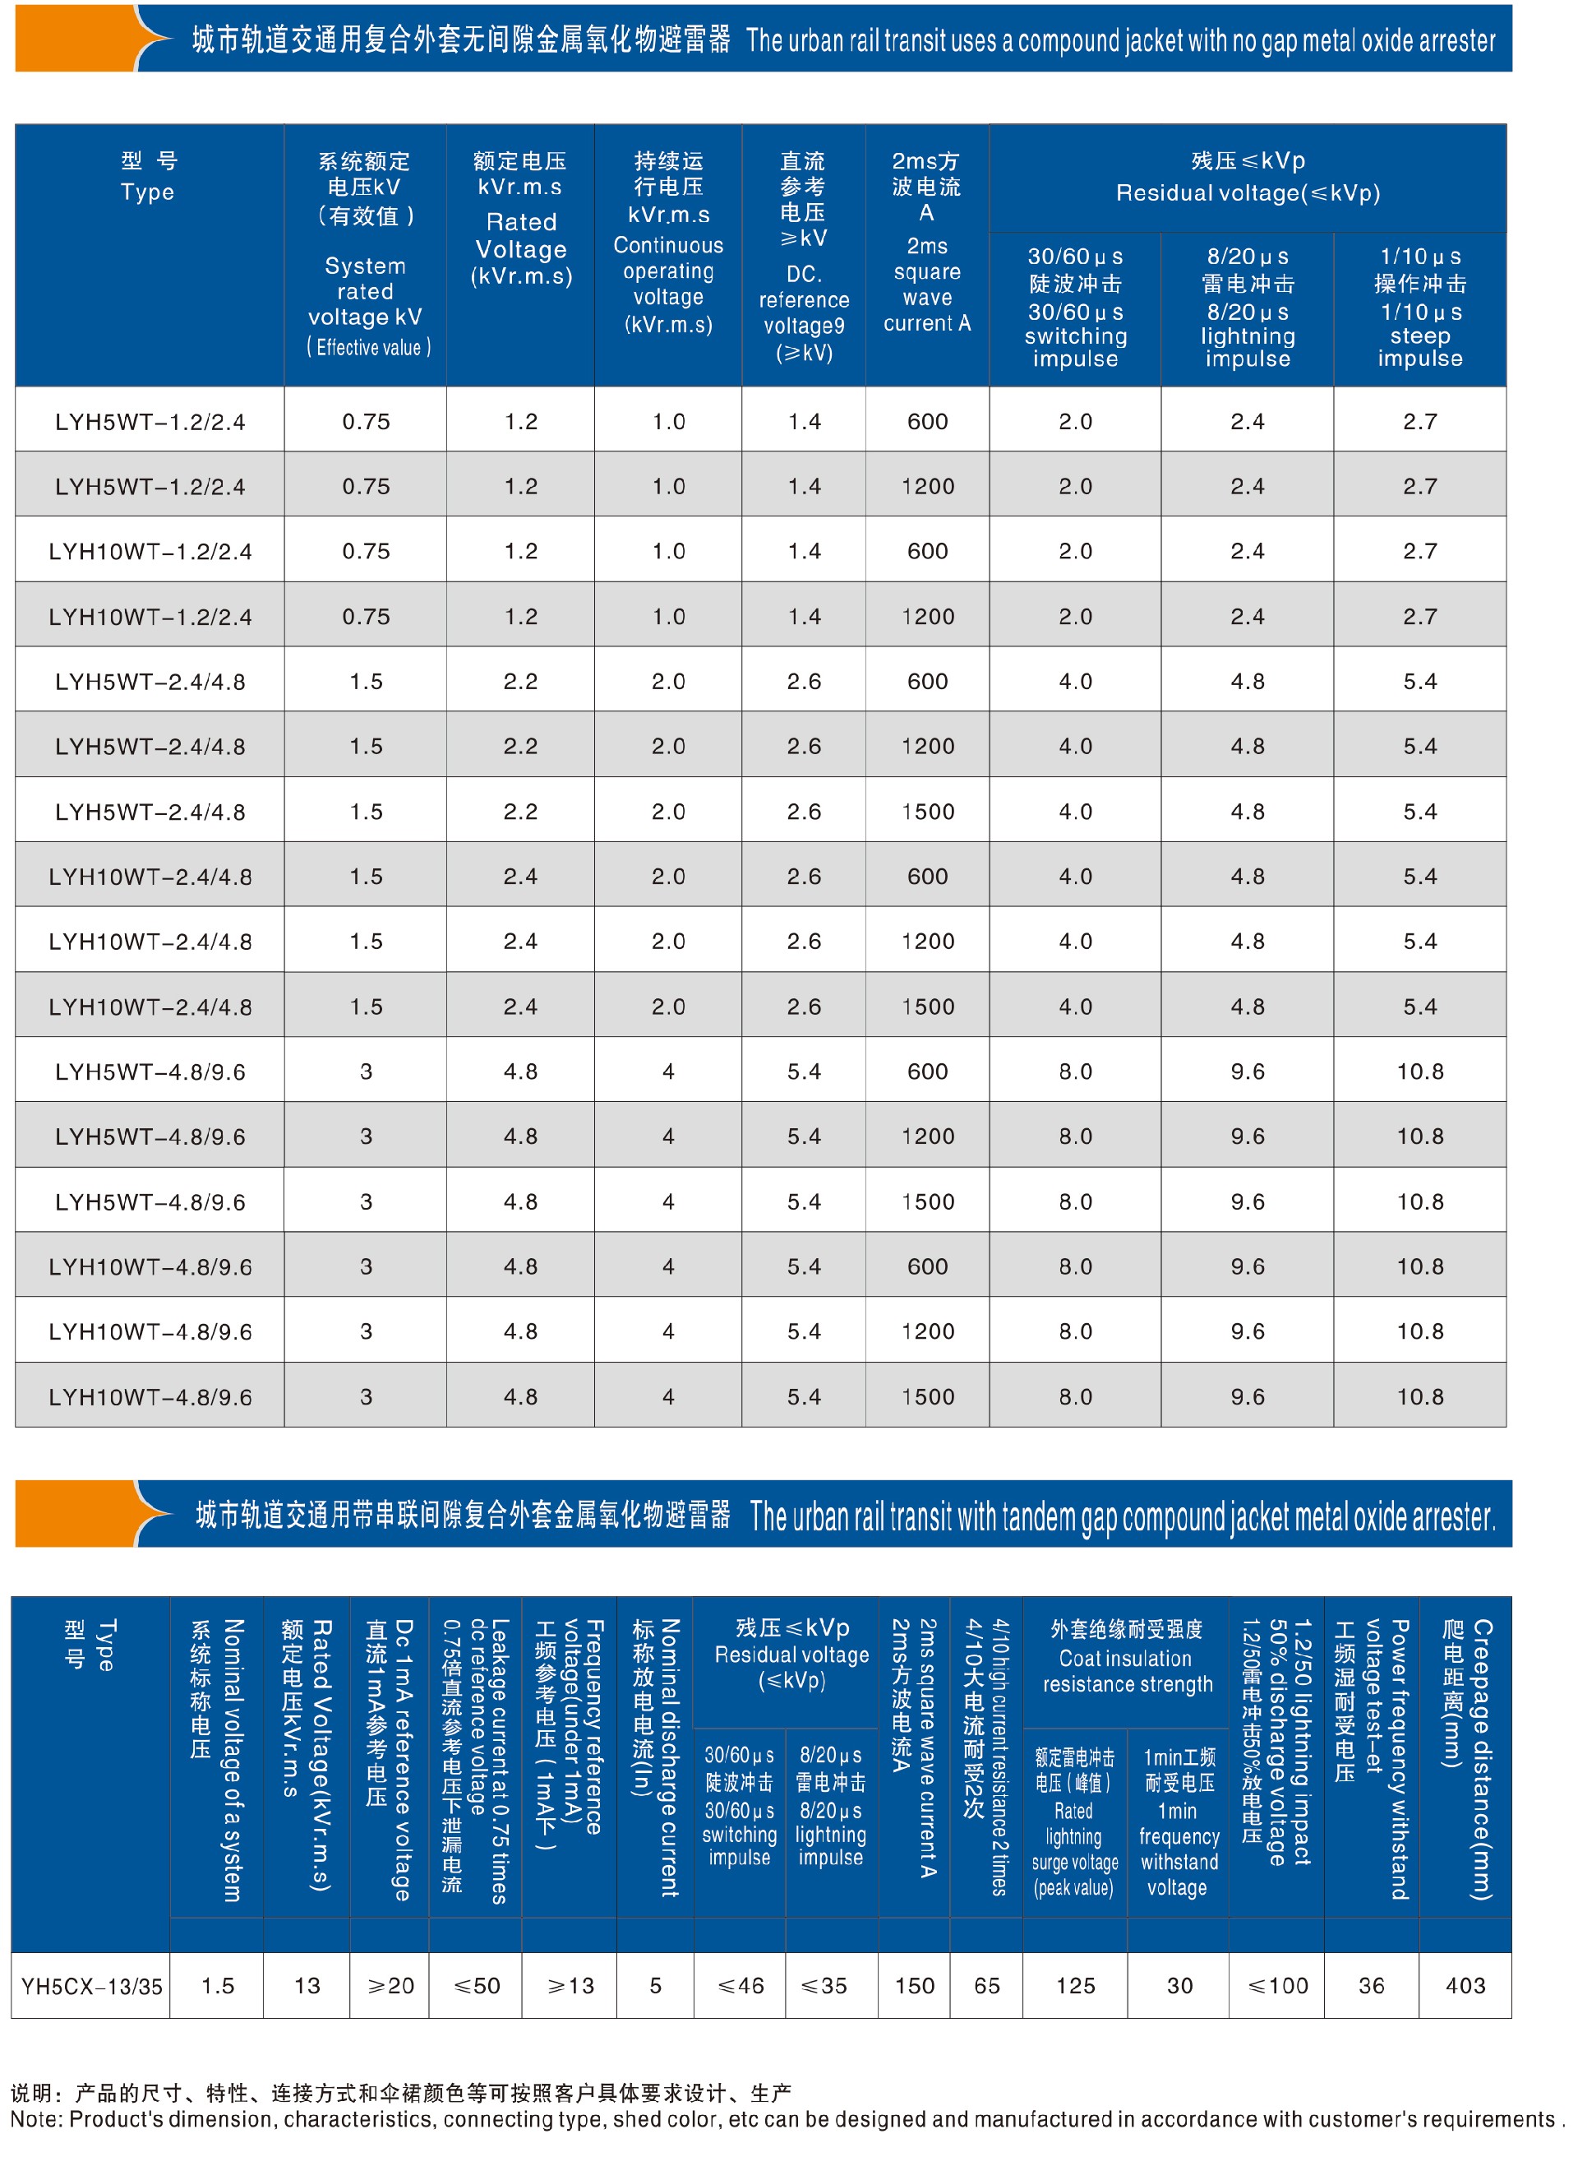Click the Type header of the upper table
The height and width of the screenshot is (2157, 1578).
point(148,177)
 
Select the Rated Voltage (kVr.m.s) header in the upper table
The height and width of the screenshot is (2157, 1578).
point(520,248)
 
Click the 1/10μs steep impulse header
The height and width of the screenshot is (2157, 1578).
point(1419,335)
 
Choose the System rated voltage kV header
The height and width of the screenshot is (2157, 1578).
point(365,291)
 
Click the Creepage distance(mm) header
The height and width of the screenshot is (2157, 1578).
point(1466,1758)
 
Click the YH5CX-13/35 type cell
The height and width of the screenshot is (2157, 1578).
point(92,1986)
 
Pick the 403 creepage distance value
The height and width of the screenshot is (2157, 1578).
point(1465,1985)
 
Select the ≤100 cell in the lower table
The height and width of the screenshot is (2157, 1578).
point(1277,1985)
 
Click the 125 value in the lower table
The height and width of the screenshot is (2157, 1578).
point(1076,1985)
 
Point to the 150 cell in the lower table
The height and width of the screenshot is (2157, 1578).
point(914,1985)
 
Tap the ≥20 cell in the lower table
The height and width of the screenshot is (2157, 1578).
point(390,1985)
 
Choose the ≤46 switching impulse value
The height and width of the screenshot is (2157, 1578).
point(741,1985)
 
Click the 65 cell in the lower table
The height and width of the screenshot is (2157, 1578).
point(987,1985)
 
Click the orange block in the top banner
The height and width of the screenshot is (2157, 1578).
point(76,38)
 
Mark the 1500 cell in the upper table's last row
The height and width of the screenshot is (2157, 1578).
point(928,1396)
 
